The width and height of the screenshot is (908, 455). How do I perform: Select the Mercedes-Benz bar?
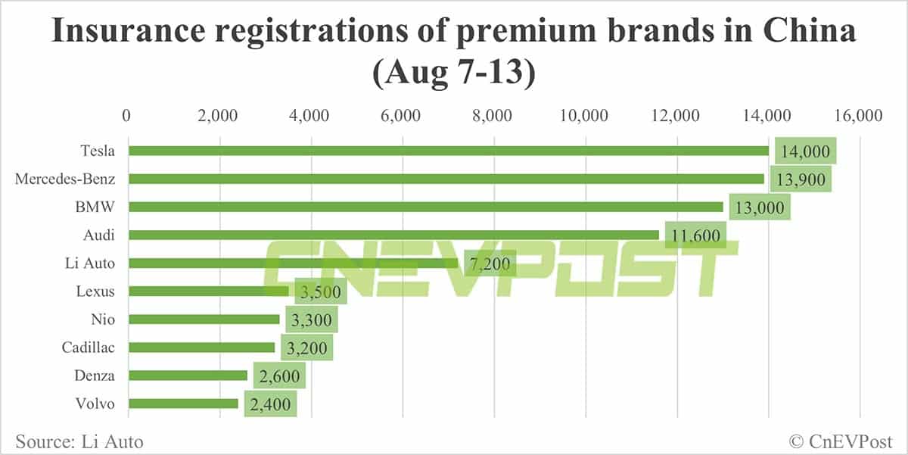point(446,179)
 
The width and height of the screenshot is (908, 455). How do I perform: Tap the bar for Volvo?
point(183,404)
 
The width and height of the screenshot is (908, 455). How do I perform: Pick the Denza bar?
point(188,376)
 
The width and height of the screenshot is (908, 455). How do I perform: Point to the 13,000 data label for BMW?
point(760,207)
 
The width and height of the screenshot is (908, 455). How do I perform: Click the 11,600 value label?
point(695,235)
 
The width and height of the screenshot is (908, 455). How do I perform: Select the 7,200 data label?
point(490,263)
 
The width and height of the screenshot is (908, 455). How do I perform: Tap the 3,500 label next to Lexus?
point(316,291)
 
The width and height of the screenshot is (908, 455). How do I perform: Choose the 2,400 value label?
point(270,404)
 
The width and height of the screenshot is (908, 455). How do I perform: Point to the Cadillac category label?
point(89,347)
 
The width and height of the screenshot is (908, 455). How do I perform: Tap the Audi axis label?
point(100,235)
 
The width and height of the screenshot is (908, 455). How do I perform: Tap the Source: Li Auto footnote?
point(79,441)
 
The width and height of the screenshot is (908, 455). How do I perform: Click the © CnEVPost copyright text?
point(842,441)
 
